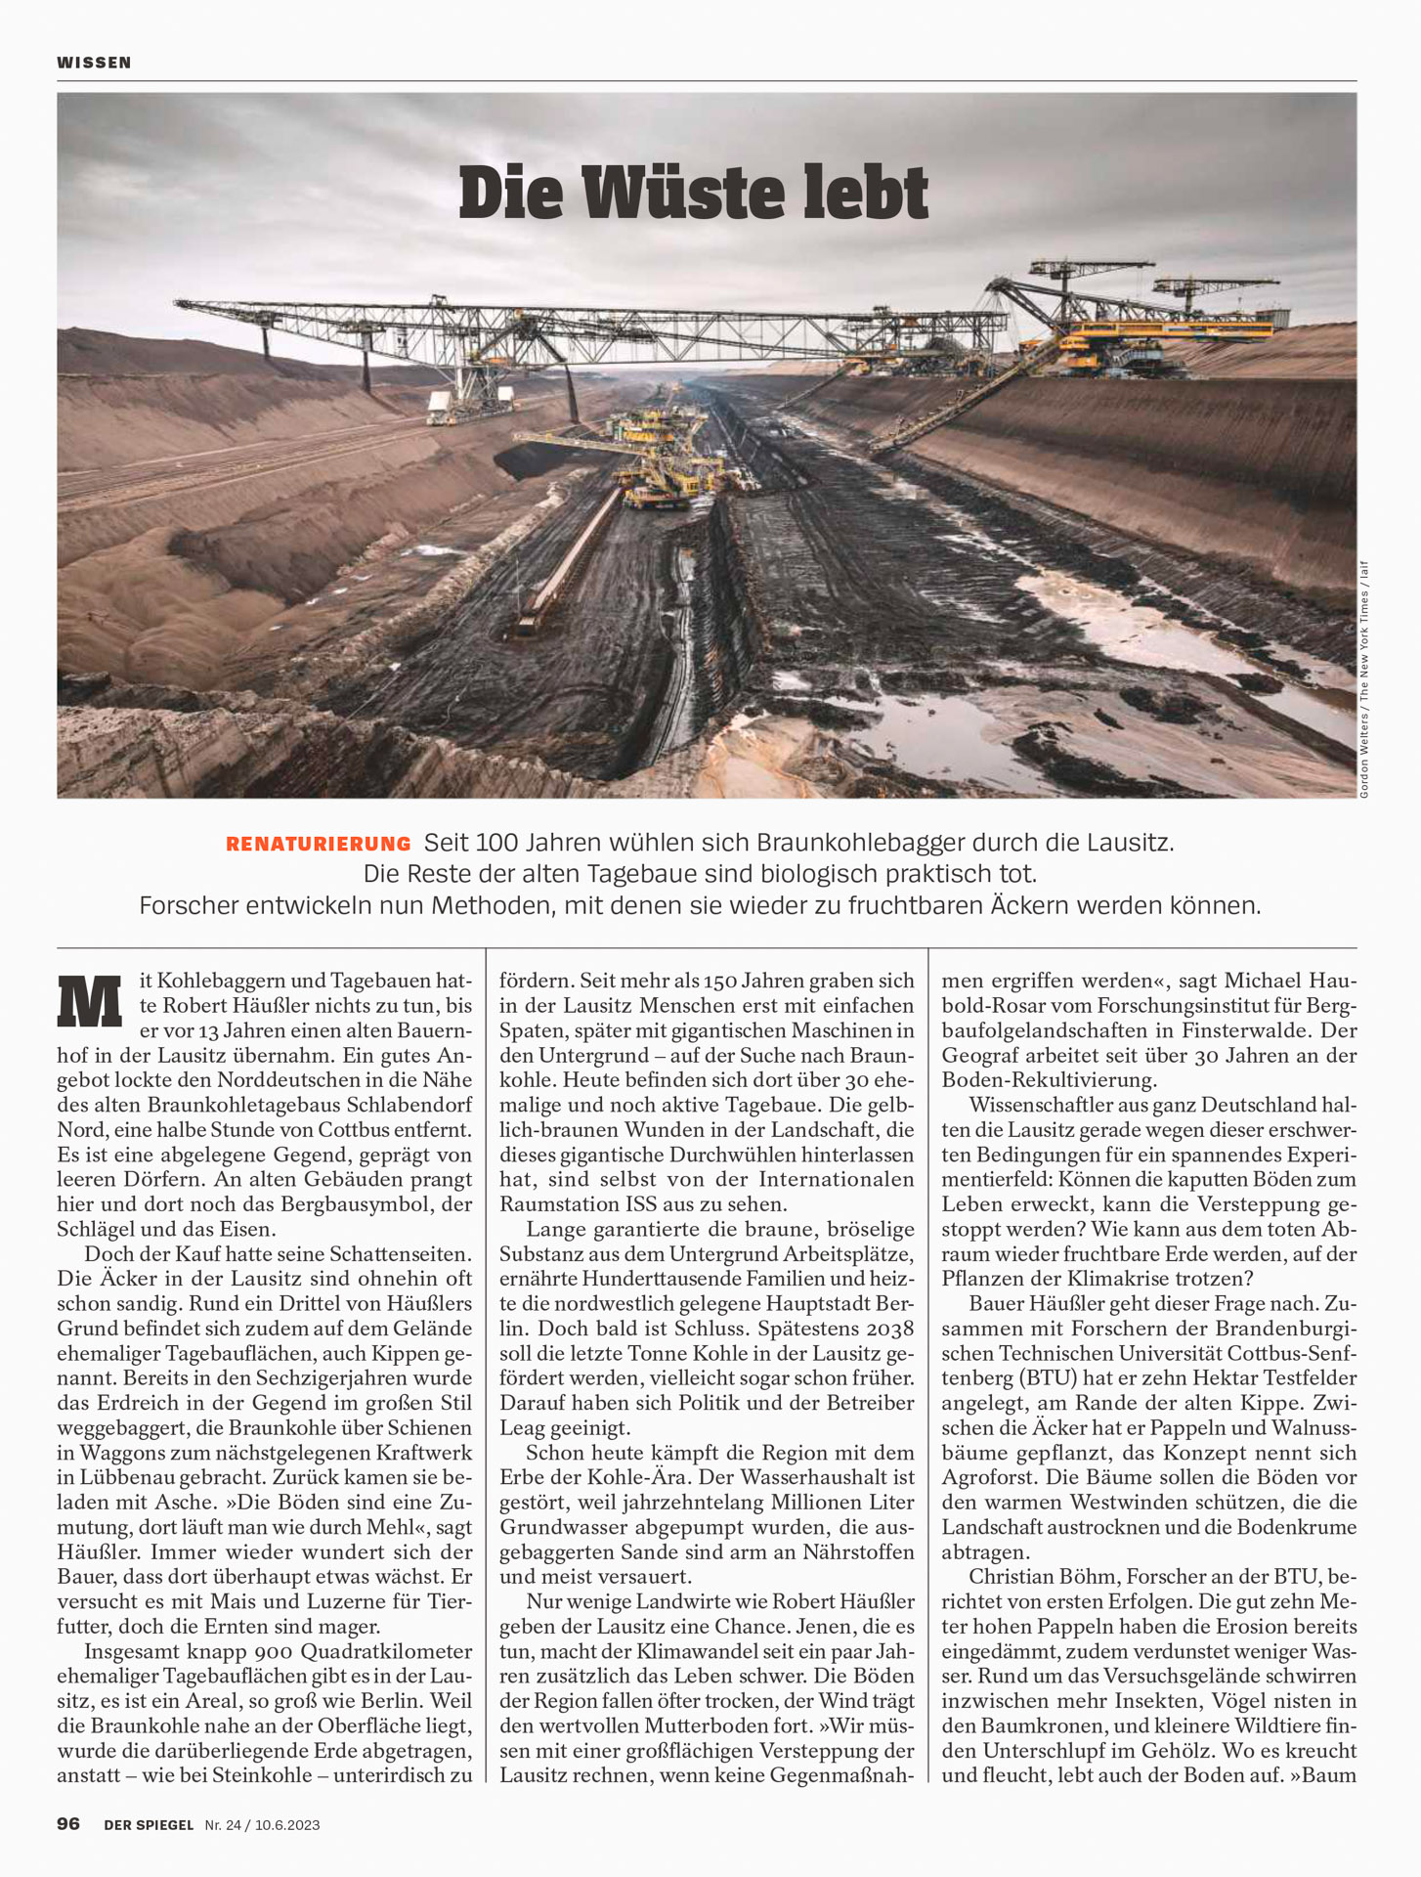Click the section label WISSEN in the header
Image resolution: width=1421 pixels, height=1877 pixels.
click(x=94, y=63)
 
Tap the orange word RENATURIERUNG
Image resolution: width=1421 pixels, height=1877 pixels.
click(x=319, y=844)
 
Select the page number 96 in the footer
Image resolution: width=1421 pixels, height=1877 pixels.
click(x=68, y=1823)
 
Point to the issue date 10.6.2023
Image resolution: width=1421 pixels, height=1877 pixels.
click(x=288, y=1824)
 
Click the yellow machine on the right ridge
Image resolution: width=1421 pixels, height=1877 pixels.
click(x=1173, y=337)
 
